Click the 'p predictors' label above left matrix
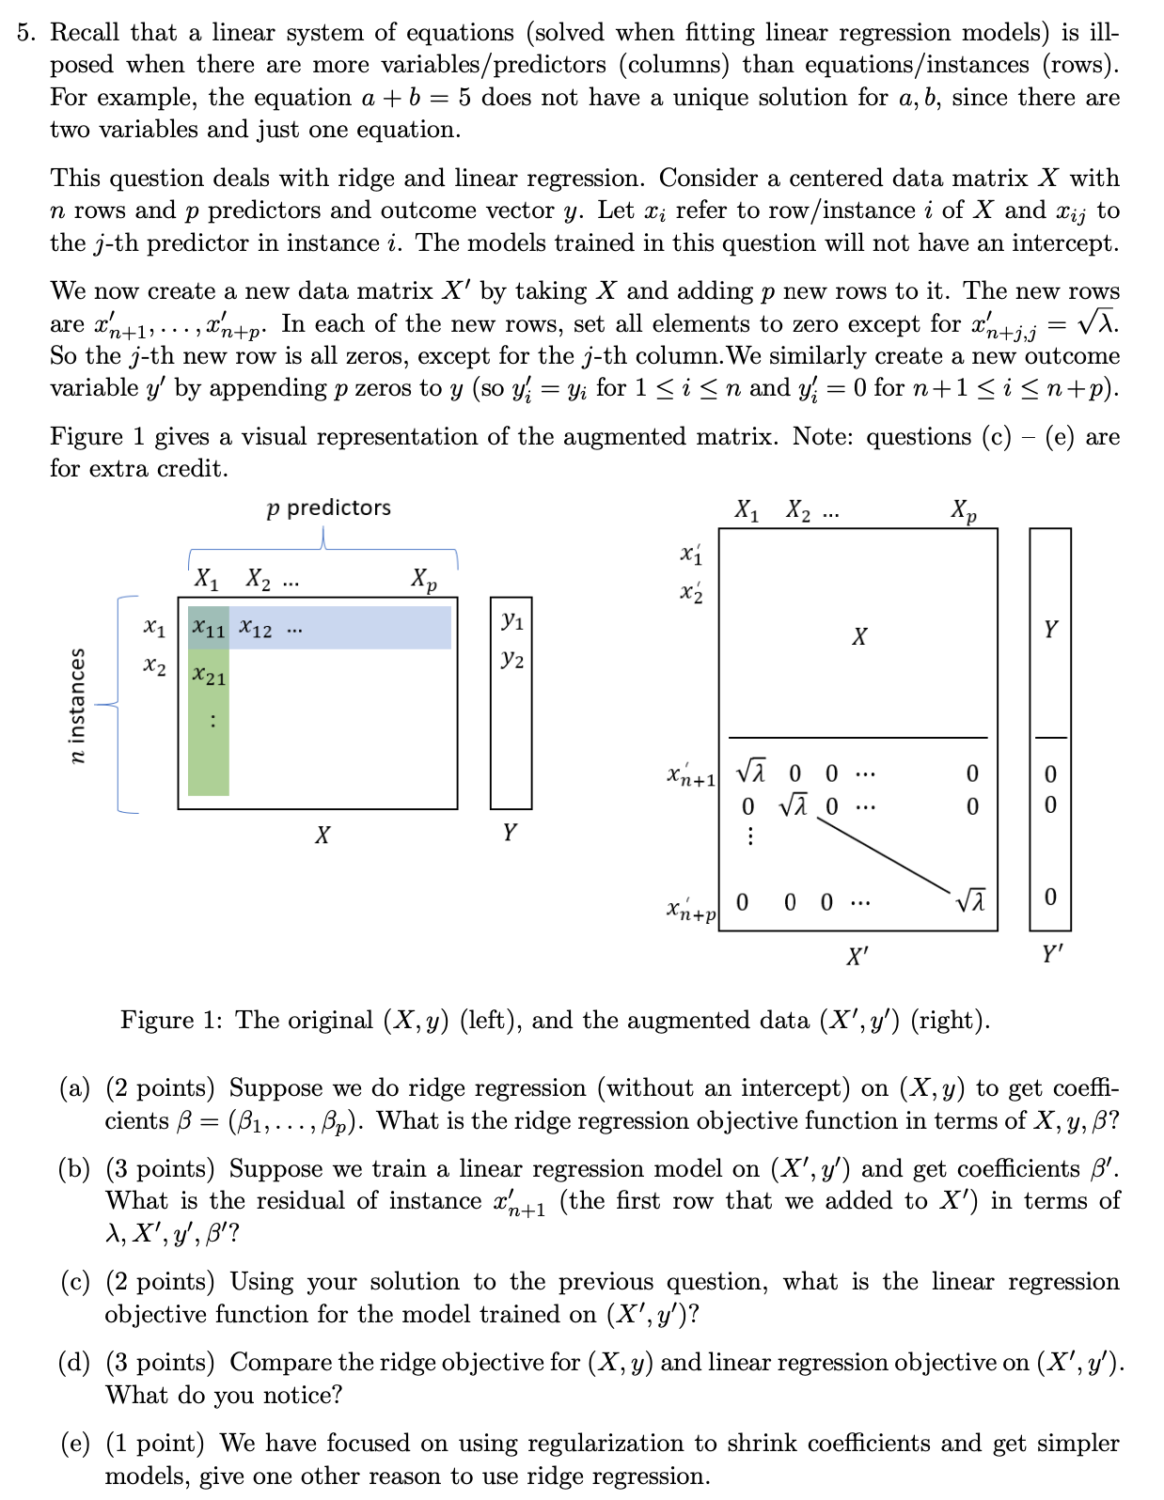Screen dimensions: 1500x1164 (x=328, y=508)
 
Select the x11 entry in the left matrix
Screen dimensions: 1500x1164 (x=208, y=629)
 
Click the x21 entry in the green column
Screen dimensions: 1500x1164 (x=209, y=676)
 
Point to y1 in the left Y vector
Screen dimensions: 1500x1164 (x=511, y=620)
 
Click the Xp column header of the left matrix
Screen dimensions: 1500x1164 (x=424, y=579)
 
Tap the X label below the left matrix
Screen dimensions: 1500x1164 (x=322, y=835)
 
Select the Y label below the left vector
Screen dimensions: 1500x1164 (x=509, y=832)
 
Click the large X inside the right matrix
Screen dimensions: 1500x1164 (x=858, y=637)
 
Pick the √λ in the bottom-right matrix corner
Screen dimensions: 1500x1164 (x=971, y=901)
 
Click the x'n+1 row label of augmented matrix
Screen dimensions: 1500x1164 (x=691, y=776)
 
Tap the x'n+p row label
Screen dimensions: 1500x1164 (x=691, y=909)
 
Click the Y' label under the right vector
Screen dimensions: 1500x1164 (x=1052, y=955)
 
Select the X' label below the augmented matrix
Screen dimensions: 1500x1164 (x=857, y=957)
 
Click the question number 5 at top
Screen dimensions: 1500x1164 (x=26, y=33)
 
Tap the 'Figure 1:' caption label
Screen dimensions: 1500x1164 (x=171, y=1021)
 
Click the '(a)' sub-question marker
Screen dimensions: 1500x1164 (x=74, y=1088)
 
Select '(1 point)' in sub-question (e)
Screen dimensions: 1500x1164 (x=154, y=1444)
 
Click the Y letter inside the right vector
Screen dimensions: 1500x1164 (x=1050, y=629)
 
